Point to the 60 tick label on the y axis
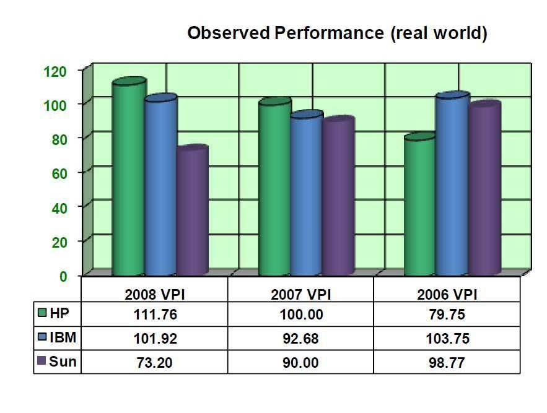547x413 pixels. [x=59, y=173]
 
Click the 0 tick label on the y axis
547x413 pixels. [x=63, y=277]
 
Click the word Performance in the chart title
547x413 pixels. [x=330, y=33]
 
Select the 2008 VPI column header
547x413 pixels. [x=154, y=295]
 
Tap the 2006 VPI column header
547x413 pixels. [x=447, y=295]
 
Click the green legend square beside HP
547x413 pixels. [x=42, y=312]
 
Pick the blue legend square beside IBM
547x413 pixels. [x=42, y=336]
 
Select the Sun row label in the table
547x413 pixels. [x=63, y=362]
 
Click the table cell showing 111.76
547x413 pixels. [x=155, y=315]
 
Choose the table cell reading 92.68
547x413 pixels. [x=300, y=339]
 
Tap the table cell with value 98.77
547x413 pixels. [x=447, y=363]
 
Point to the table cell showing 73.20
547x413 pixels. [x=154, y=363]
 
